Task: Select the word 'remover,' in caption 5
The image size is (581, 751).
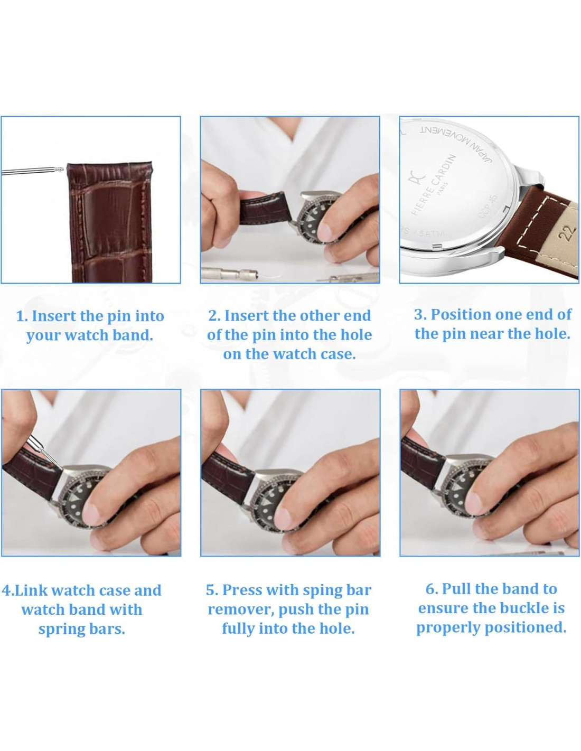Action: [240, 609]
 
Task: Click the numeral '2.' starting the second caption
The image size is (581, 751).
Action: [214, 316]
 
